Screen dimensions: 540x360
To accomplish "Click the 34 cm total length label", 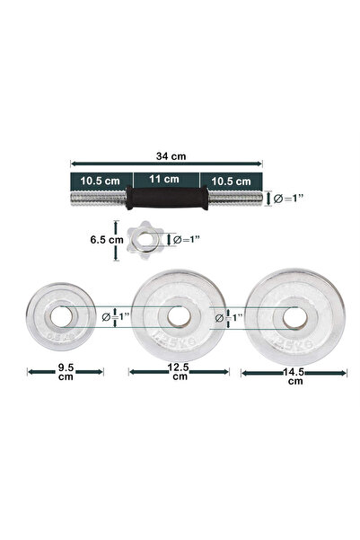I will [x=166, y=155].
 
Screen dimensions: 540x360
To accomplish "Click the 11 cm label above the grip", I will [x=166, y=180].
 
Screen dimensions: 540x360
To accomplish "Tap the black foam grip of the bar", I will [x=166, y=198].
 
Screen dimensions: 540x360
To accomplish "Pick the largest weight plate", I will [x=294, y=316].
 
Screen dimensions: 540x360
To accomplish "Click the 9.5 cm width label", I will [x=66, y=372].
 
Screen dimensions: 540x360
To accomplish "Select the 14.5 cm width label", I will [x=295, y=376].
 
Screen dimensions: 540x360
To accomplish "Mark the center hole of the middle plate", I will [x=178, y=315].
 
